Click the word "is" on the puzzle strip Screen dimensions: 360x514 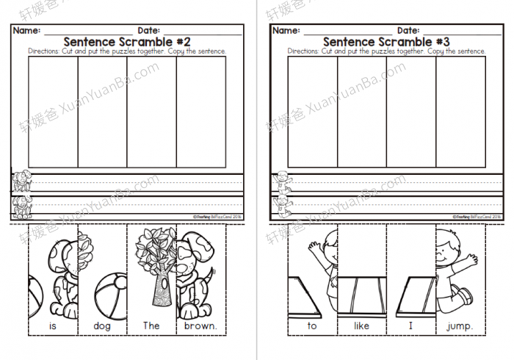pyautogui.click(x=52, y=325)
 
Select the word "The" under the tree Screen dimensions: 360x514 pyautogui.click(x=151, y=325)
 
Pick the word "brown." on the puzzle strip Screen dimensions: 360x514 pyautogui.click(x=200, y=325)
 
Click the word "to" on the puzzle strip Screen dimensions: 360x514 pyautogui.click(x=312, y=325)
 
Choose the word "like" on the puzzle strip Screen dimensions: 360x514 pyautogui.click(x=362, y=325)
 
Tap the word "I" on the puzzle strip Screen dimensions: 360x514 pyautogui.click(x=411, y=325)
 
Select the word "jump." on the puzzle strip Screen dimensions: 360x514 pyautogui.click(x=461, y=325)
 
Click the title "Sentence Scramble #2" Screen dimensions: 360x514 pyautogui.click(x=126, y=42)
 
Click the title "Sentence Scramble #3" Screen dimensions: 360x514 pyautogui.click(x=385, y=42)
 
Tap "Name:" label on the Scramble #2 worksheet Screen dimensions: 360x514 pyautogui.click(x=26, y=30)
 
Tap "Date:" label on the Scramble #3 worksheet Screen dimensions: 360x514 pyautogui.click(x=408, y=30)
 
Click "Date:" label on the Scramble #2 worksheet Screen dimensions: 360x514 pyautogui.click(x=149, y=30)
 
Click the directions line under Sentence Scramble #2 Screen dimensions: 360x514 pyautogui.click(x=126, y=51)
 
